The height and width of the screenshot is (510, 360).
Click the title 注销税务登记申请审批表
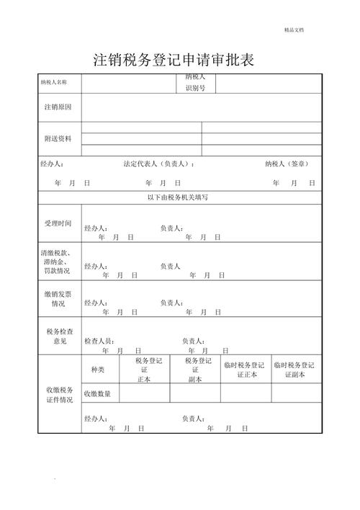[174, 60]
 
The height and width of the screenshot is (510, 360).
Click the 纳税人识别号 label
[195, 82]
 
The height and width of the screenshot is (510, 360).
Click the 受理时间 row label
[58, 223]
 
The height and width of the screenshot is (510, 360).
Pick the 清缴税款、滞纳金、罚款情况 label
[58, 262]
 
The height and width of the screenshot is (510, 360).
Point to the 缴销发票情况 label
[58, 298]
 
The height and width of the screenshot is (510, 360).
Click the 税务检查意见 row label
[58, 336]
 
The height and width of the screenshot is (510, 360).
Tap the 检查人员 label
[99, 341]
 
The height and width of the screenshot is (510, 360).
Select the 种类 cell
[97, 370]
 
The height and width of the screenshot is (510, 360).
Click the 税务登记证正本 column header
[149, 370]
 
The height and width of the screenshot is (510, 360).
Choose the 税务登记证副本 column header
[197, 370]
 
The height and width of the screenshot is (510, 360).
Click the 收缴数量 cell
[97, 393]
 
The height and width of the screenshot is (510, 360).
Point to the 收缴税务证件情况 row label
[58, 395]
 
